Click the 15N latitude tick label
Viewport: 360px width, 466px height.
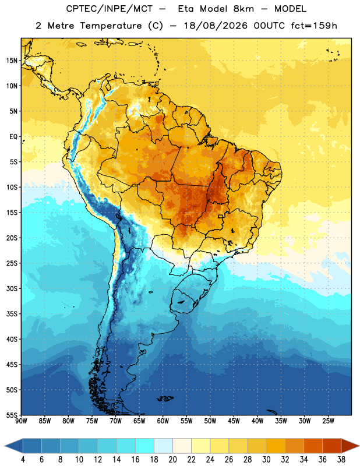[x=12, y=61]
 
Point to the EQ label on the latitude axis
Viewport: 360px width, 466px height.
[x=13, y=137]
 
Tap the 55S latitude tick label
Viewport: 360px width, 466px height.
[x=12, y=415]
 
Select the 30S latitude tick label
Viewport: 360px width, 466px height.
[x=12, y=288]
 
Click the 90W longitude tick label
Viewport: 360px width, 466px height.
[x=21, y=421]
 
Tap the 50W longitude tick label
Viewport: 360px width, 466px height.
[x=210, y=421]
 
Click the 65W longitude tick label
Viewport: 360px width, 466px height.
[x=139, y=421]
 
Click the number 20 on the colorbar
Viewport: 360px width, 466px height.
[x=172, y=460]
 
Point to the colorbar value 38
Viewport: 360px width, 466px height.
[x=341, y=460]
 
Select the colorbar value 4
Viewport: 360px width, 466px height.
[x=23, y=460]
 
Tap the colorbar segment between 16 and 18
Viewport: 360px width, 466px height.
[x=144, y=446]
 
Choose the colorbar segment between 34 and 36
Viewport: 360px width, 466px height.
[x=313, y=446]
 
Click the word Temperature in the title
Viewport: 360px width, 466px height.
[x=111, y=26]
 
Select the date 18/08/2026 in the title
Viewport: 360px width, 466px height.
[x=216, y=26]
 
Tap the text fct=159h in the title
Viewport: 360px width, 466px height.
[x=314, y=26]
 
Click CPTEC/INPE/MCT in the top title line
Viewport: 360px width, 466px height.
[x=109, y=9]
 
